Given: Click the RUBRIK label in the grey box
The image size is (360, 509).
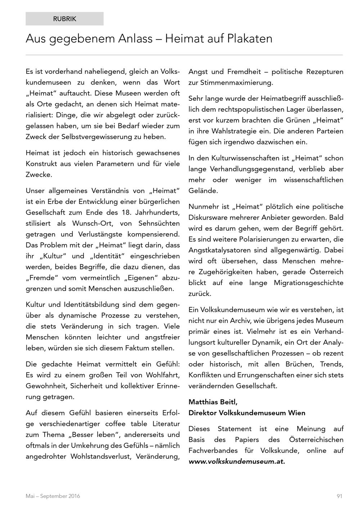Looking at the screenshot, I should pos(65,19).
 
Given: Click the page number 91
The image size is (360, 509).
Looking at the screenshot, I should pos(339,496).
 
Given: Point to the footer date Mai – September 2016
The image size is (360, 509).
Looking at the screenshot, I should pos(53,496).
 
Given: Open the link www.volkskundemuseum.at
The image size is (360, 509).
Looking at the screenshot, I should pos(237,461).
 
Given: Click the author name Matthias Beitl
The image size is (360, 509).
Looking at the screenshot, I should pos(213,402).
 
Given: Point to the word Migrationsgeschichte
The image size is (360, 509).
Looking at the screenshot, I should pos(309,283).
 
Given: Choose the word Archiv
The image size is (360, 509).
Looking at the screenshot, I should pos(247,320).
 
